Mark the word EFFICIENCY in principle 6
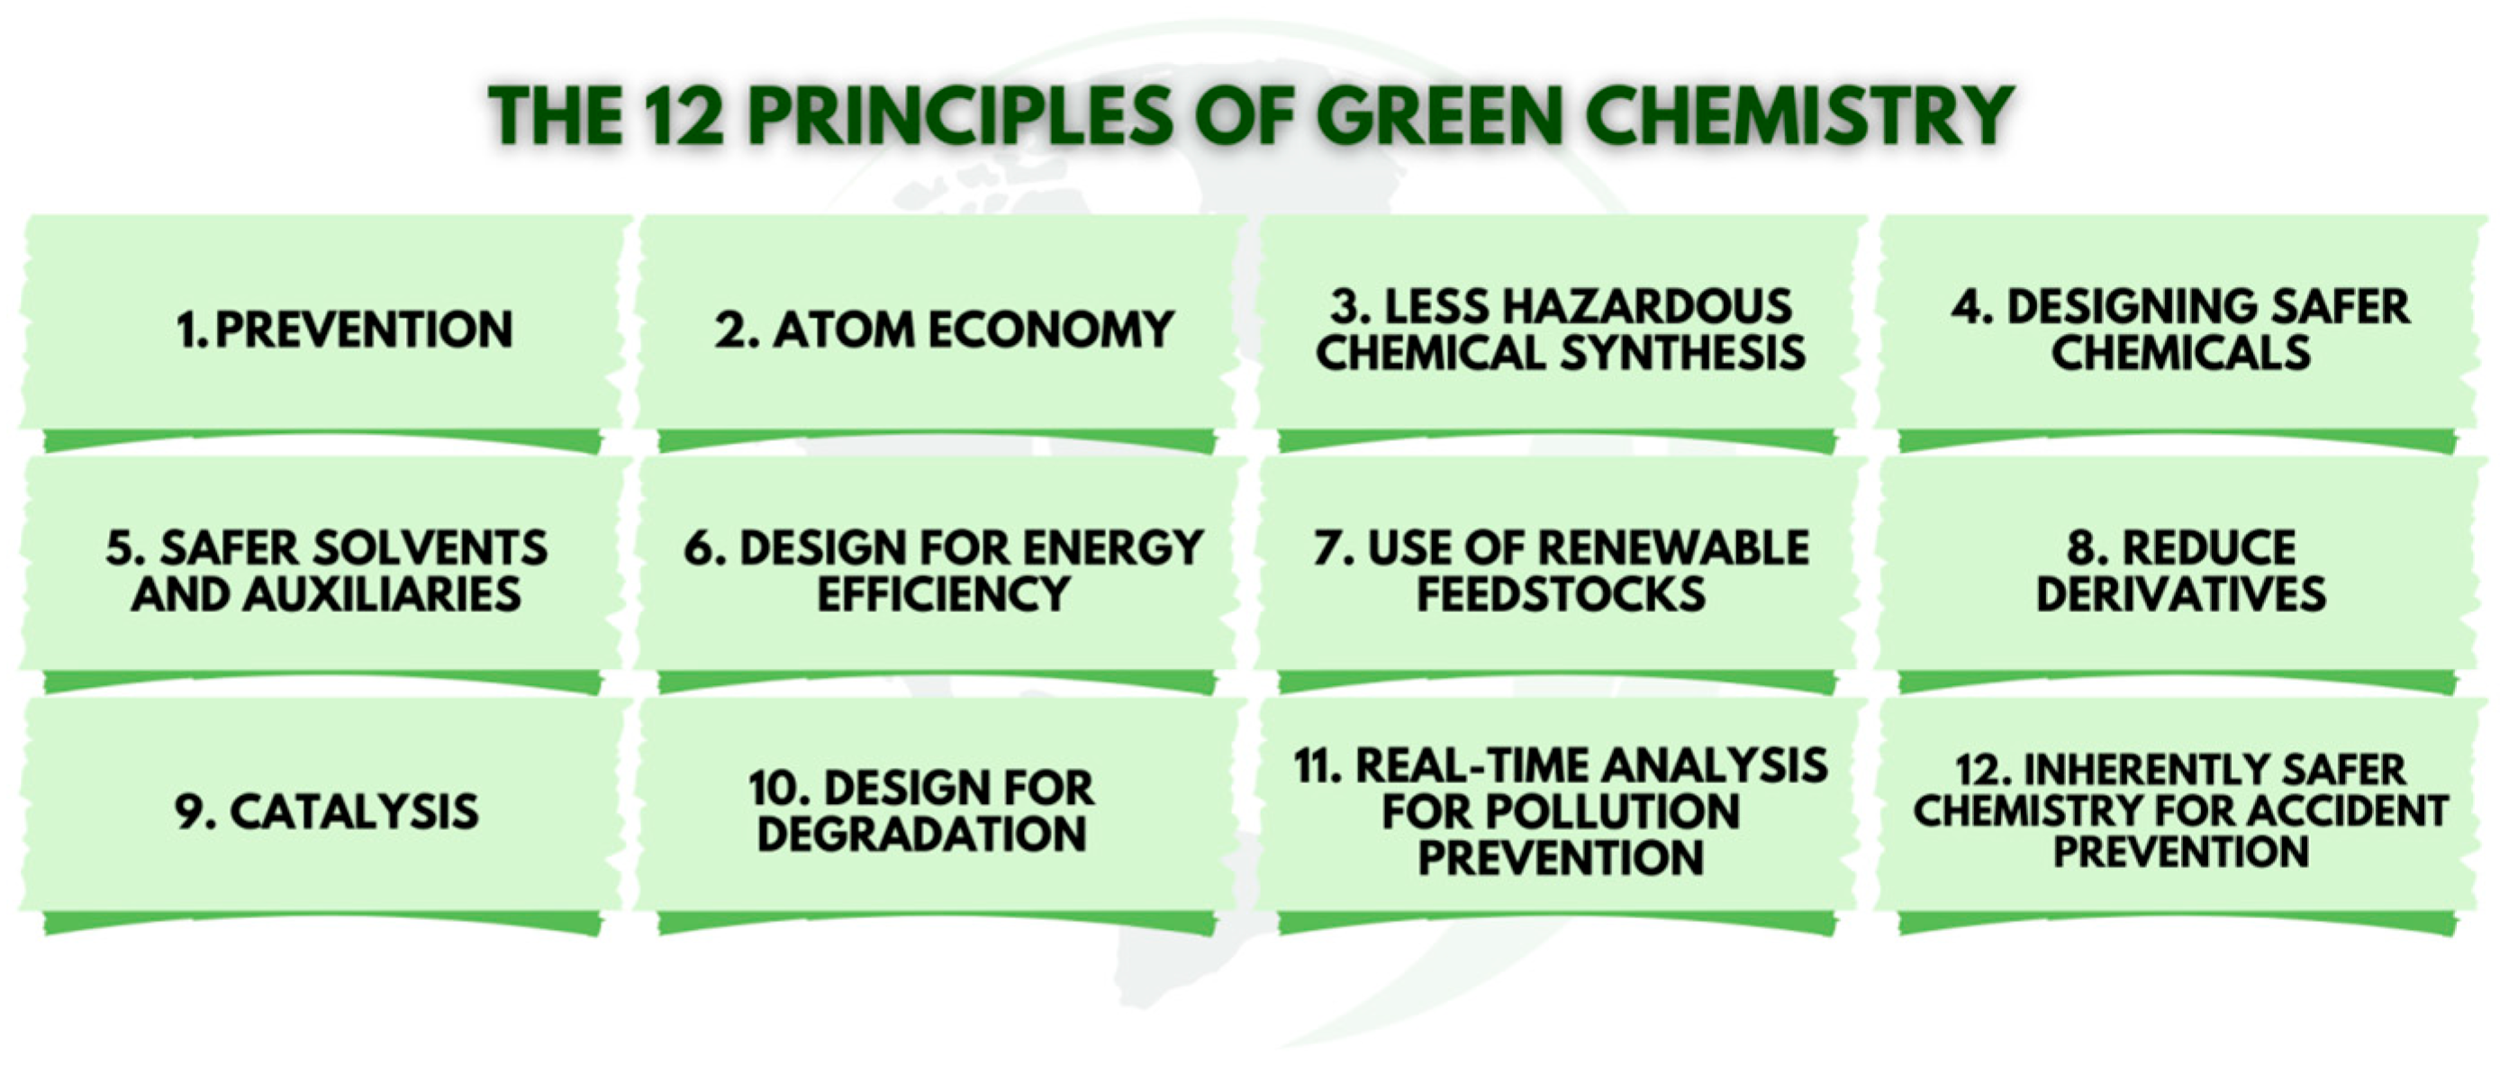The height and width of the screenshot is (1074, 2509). click(x=943, y=595)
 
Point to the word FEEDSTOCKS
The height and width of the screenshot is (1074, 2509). click(x=1561, y=595)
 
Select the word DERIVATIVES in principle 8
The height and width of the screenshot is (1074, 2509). click(x=2181, y=595)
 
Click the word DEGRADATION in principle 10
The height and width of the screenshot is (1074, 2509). click(x=921, y=835)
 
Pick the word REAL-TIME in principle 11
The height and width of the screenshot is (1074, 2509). click(x=1470, y=766)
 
